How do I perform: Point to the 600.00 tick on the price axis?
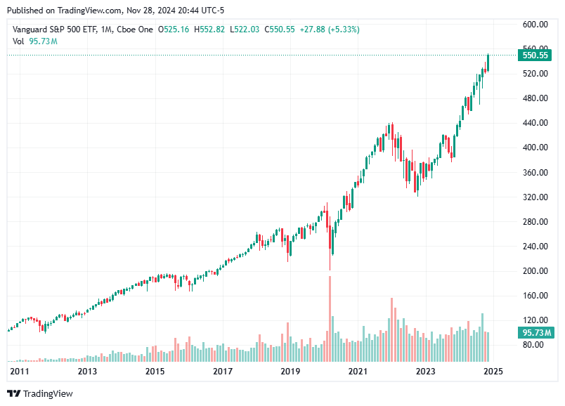pos(535,24)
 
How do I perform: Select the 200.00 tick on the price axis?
pos(535,271)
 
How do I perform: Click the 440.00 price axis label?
pos(535,123)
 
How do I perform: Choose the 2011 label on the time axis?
pos(18,371)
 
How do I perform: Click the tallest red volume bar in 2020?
pos(330,309)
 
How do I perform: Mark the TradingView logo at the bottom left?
pos(40,394)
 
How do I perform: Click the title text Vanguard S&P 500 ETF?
pos(54,29)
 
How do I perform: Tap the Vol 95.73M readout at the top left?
pos(35,41)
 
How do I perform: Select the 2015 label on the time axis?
pos(155,371)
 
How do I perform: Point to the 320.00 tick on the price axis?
pos(535,197)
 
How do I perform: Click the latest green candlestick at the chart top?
pos(488,62)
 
